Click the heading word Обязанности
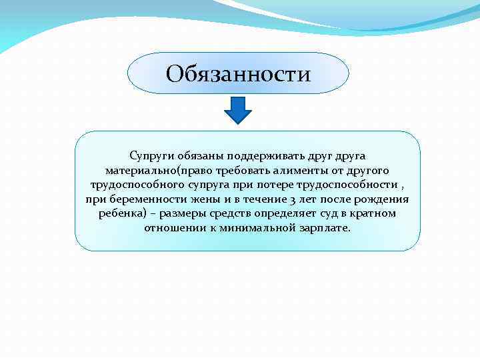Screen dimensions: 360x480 pos(238,73)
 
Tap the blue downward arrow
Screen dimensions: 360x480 pos(237,110)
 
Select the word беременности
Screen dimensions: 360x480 pos(142,199)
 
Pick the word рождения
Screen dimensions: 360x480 pos(383,199)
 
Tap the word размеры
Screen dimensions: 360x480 pos(182,213)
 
